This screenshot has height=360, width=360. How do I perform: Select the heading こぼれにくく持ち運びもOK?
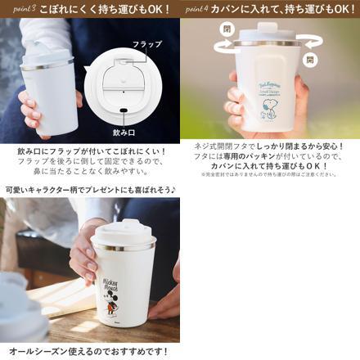click(106, 10)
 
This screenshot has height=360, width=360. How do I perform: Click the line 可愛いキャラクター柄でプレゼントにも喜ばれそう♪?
click(90, 189)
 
